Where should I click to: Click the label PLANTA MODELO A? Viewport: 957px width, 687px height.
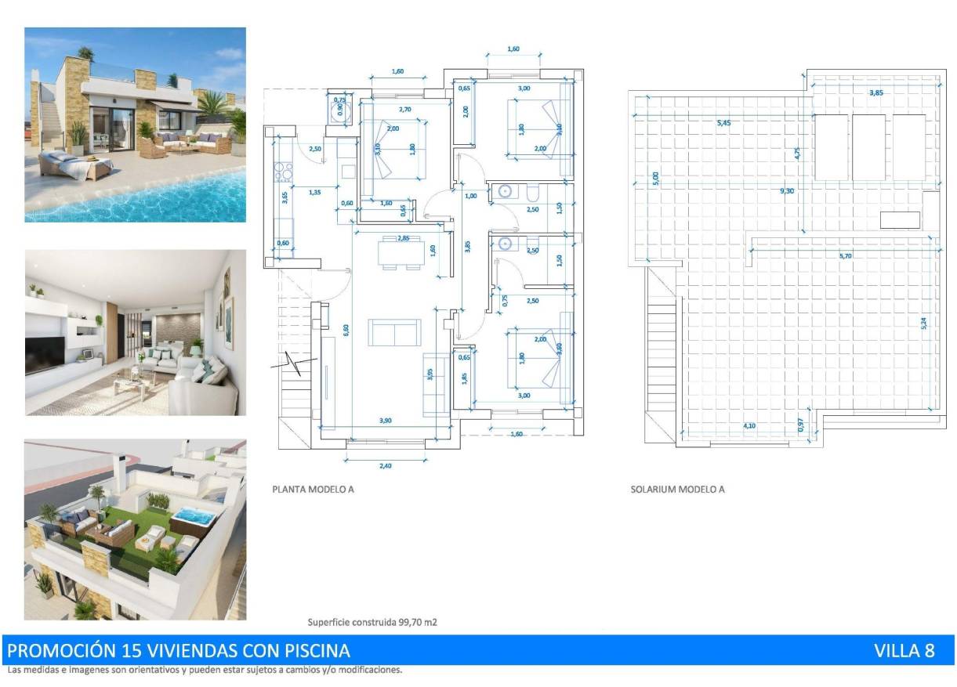[313, 490]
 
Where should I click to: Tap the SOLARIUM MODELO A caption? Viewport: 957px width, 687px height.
[677, 490]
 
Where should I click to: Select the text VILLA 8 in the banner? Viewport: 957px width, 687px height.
[904, 651]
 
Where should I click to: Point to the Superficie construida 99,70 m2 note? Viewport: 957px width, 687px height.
[372, 623]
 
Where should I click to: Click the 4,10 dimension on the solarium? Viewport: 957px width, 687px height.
[750, 425]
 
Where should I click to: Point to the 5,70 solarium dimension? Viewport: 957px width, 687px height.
[845, 255]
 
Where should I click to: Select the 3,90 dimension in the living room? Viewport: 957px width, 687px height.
[385, 421]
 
